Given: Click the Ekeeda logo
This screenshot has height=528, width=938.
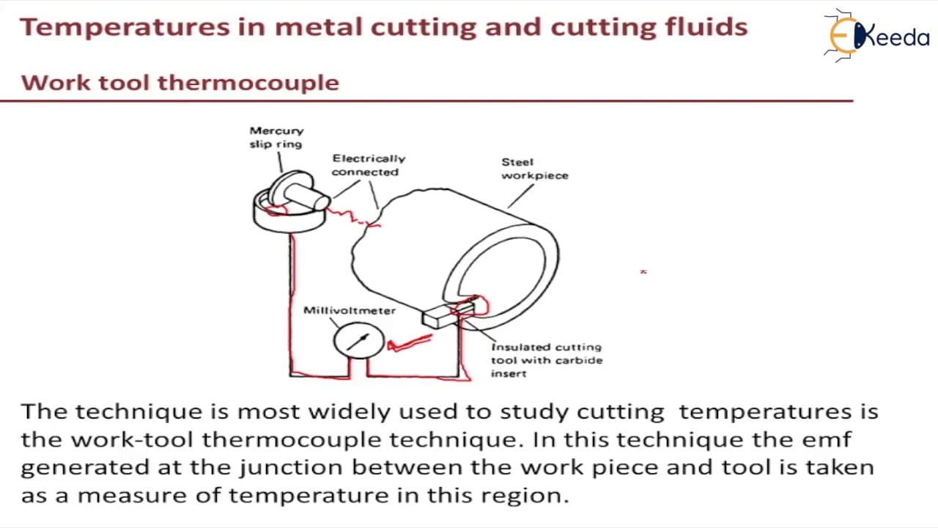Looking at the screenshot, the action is pyautogui.click(x=876, y=36).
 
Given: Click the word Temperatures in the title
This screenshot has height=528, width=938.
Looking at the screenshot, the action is pyautogui.click(x=125, y=28).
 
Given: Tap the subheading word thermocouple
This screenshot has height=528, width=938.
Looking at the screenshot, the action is pyautogui.click(x=248, y=83).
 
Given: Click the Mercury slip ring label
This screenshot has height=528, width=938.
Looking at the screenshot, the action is pyautogui.click(x=276, y=137).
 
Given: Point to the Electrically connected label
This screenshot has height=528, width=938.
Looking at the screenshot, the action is pyautogui.click(x=369, y=165).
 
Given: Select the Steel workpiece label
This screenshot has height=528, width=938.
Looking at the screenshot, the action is pyautogui.click(x=535, y=169).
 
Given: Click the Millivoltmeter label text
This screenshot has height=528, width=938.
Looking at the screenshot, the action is pyautogui.click(x=350, y=310).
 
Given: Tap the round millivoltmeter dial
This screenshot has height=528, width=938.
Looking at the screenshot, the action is pyautogui.click(x=359, y=341).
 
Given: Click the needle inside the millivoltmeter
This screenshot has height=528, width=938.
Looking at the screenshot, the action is pyautogui.click(x=358, y=342).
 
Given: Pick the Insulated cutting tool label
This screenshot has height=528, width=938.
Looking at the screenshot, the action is pyautogui.click(x=547, y=360).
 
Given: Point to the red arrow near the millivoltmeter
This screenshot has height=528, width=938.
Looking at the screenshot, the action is pyautogui.click(x=409, y=342).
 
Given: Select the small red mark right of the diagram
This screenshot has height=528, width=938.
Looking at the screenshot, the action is pyautogui.click(x=643, y=272).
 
